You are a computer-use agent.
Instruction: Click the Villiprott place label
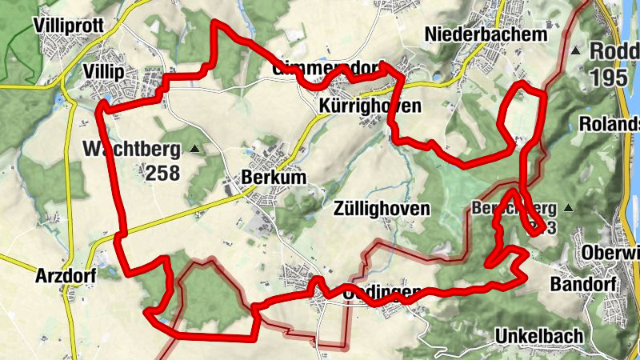pyautogui.click(x=70, y=26)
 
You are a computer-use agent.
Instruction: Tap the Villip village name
pyautogui.click(x=103, y=73)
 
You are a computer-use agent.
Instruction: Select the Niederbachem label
pyautogui.click(x=486, y=35)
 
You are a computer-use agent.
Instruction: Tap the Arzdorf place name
pyautogui.click(x=66, y=277)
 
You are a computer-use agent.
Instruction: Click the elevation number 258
pyautogui.click(x=162, y=172)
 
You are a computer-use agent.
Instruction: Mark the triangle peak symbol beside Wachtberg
pyautogui.click(x=195, y=149)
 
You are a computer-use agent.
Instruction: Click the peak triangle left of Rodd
pyautogui.click(x=576, y=51)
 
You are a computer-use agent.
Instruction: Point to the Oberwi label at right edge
pyautogui.click(x=612, y=254)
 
